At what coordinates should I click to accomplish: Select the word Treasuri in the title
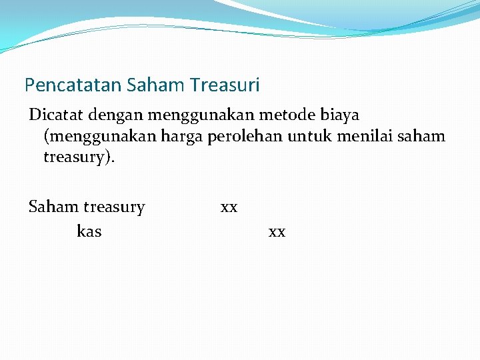click(225, 85)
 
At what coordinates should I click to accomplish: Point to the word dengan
click(113, 115)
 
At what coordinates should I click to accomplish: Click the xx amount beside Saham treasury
click(229, 207)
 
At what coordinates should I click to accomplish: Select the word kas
click(89, 231)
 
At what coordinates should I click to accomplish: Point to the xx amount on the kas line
click(277, 231)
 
